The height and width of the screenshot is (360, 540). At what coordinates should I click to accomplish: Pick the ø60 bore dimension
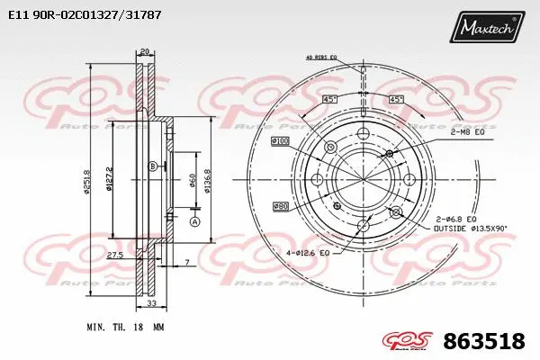(x=191, y=182)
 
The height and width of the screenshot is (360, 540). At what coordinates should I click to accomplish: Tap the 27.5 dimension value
(x=115, y=256)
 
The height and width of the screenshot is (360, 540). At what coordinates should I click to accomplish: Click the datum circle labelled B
(x=153, y=166)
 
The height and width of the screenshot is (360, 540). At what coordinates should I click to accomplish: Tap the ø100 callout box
(x=280, y=141)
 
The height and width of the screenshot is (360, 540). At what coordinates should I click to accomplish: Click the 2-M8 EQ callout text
(x=467, y=132)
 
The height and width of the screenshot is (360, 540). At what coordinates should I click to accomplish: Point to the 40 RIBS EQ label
(x=320, y=58)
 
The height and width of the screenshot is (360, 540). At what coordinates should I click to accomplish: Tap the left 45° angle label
(x=329, y=99)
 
